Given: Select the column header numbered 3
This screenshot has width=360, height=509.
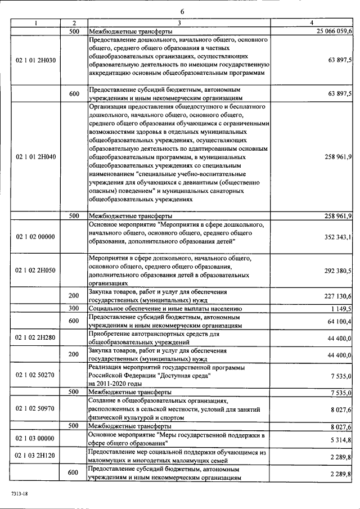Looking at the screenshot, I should (179, 23).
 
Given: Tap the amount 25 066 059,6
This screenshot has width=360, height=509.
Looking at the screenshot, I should (334, 31).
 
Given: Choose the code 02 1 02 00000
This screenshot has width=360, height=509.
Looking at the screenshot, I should (35, 237).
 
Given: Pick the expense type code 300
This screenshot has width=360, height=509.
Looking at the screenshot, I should (74, 308).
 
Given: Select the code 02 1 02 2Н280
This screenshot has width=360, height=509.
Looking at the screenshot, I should (35, 338).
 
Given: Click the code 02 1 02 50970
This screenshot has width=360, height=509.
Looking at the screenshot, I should (35, 408).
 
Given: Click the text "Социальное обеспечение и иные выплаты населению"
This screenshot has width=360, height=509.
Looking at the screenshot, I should (165, 309).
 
